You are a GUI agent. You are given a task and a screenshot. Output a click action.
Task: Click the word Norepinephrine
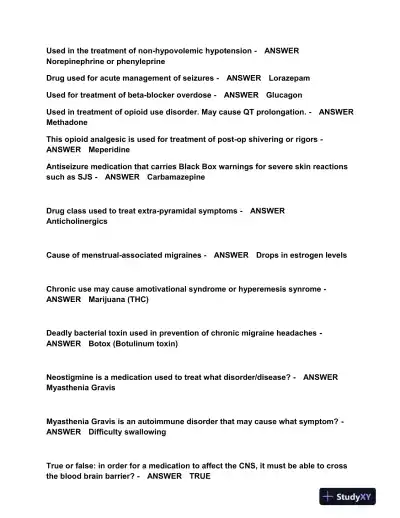pos(81,61)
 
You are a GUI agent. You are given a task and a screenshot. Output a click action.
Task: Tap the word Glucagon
pos(286,94)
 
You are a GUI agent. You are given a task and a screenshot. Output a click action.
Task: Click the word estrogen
pos(304,255)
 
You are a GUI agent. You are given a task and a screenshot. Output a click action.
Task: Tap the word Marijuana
pos(111,298)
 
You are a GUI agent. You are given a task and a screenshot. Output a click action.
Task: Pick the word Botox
pos(100,343)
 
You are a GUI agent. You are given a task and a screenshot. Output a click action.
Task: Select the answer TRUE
pos(200,476)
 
